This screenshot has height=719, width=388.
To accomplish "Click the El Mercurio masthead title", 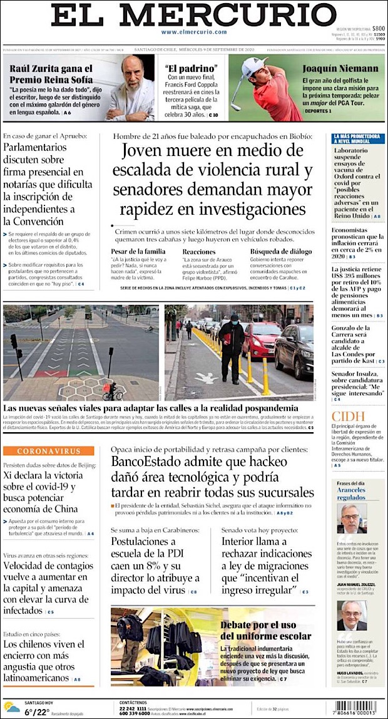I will click(194, 15).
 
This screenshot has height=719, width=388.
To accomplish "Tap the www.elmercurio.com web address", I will click(193, 32).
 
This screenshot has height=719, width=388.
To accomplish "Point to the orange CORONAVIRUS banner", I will click(48, 451).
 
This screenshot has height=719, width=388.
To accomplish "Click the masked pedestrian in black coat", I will click(232, 347).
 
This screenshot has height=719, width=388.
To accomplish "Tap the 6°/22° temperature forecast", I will click(38, 711).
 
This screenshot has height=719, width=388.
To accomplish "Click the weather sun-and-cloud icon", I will click(13, 708).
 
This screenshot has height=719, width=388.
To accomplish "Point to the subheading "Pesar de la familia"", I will click(138, 251).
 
